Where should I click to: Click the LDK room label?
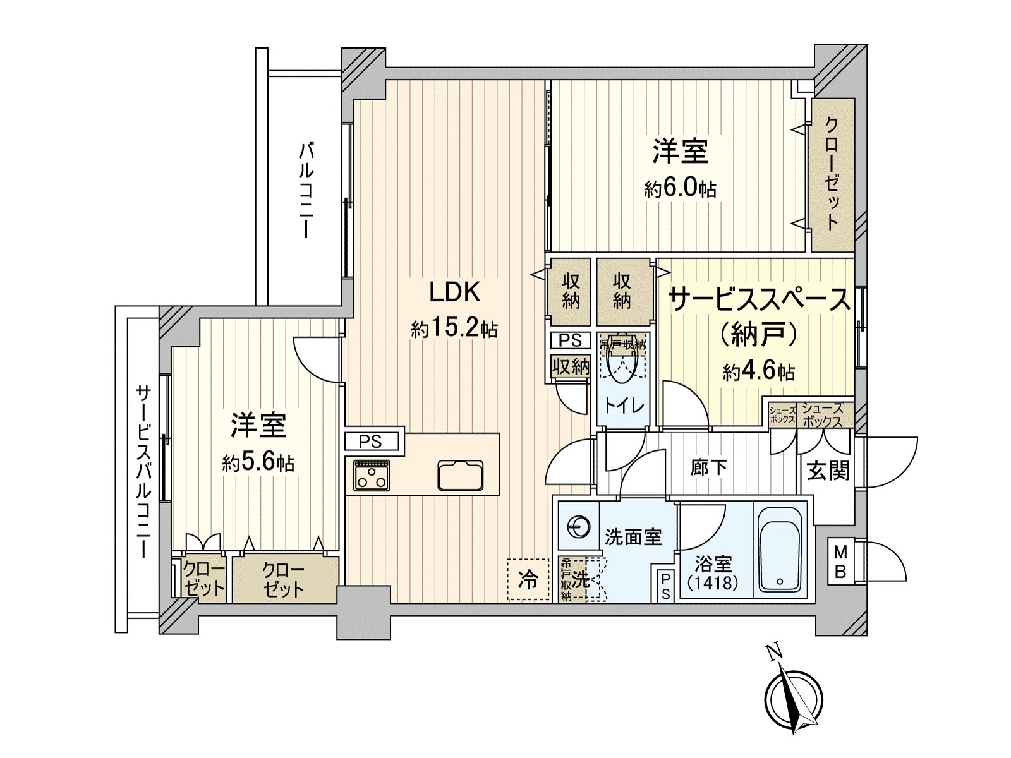click(454, 292)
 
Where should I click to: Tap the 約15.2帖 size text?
click(454, 328)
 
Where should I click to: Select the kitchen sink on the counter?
click(461, 476)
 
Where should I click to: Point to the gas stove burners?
click(372, 475)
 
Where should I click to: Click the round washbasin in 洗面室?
click(578, 526)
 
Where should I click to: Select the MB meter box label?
click(840, 562)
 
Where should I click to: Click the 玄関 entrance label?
click(828, 471)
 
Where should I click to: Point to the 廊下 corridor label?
click(709, 467)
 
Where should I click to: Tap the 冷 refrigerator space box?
click(528, 579)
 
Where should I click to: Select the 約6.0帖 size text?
click(680, 188)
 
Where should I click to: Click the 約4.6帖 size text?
click(758, 371)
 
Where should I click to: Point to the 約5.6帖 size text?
click(258, 463)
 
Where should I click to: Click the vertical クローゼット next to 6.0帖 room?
click(832, 174)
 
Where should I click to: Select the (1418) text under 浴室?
click(713, 582)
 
